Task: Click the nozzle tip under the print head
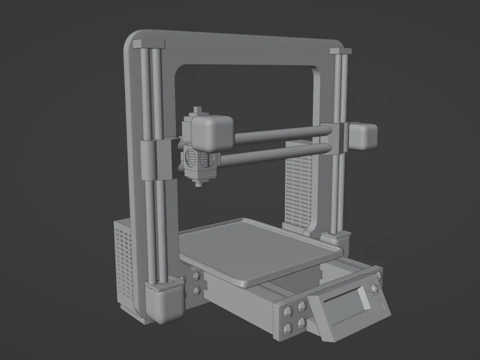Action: coord(198,185)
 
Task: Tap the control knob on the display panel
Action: coord(373,288)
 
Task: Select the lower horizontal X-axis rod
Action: coord(276,154)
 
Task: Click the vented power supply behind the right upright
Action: coord(298,190)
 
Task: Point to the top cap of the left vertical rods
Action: coord(148,44)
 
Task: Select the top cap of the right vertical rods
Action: coord(341,50)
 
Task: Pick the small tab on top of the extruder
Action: coord(198,110)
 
